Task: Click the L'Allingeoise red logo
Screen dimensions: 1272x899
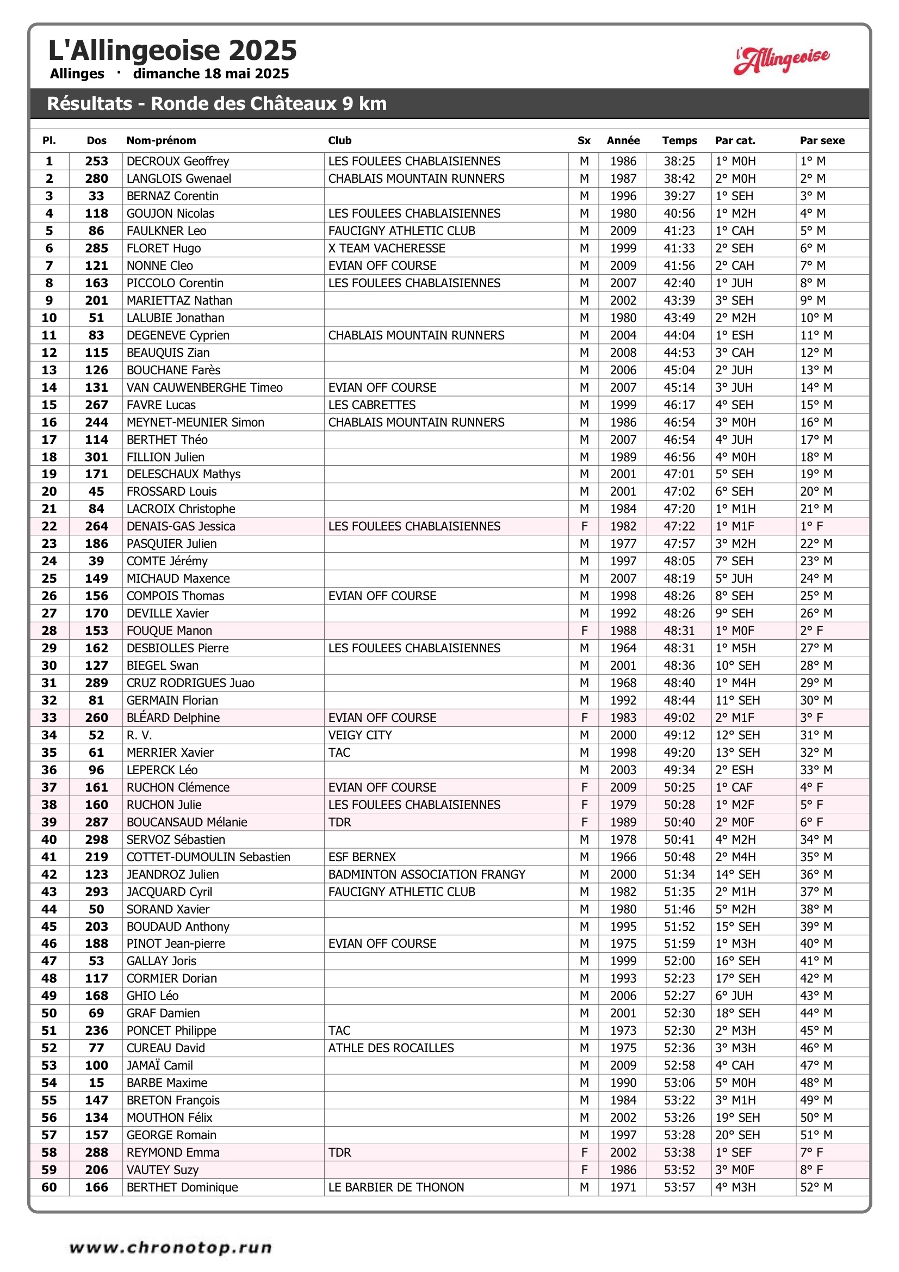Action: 782,59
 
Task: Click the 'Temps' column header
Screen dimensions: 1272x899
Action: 679,141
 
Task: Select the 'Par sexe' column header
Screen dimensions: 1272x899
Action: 821,141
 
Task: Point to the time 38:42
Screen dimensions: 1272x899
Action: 679,178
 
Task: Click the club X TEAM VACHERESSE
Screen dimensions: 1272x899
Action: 386,248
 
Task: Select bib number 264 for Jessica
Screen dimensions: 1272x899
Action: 96,526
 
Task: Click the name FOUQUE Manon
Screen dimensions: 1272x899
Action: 169,631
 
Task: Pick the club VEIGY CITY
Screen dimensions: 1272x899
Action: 359,735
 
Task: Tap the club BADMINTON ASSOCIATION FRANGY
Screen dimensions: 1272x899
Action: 426,874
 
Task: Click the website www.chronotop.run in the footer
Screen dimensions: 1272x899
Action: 171,1248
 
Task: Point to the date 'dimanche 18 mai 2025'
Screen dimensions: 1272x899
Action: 210,73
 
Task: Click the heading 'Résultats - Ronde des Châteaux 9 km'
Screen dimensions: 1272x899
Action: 216,103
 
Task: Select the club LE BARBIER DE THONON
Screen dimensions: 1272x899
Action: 395,1187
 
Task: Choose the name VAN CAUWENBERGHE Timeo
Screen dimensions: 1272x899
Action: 204,387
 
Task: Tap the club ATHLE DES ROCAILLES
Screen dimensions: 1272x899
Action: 390,1048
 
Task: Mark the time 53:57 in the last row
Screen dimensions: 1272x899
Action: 679,1187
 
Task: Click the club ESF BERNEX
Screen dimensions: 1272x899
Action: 362,857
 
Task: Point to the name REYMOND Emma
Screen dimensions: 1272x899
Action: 173,1152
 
